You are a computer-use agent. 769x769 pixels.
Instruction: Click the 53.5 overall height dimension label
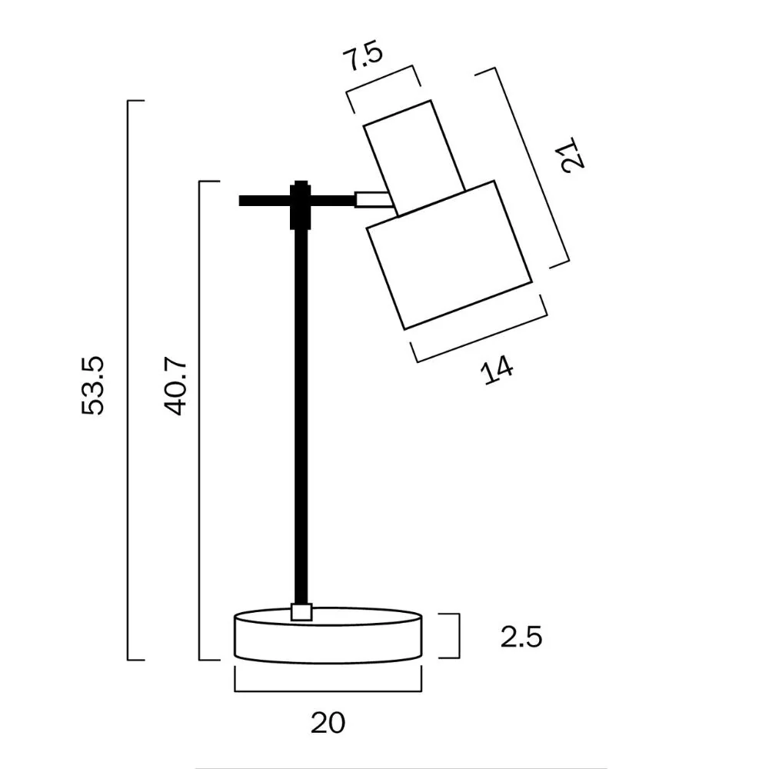93,385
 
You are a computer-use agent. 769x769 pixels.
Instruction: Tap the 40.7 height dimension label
175,385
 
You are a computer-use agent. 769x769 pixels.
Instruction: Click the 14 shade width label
497,370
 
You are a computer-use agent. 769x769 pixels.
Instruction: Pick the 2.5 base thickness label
521,638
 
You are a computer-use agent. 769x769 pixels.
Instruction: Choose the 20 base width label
328,722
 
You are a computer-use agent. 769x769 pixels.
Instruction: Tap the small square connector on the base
301,611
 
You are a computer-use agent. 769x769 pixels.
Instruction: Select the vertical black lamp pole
301,416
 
